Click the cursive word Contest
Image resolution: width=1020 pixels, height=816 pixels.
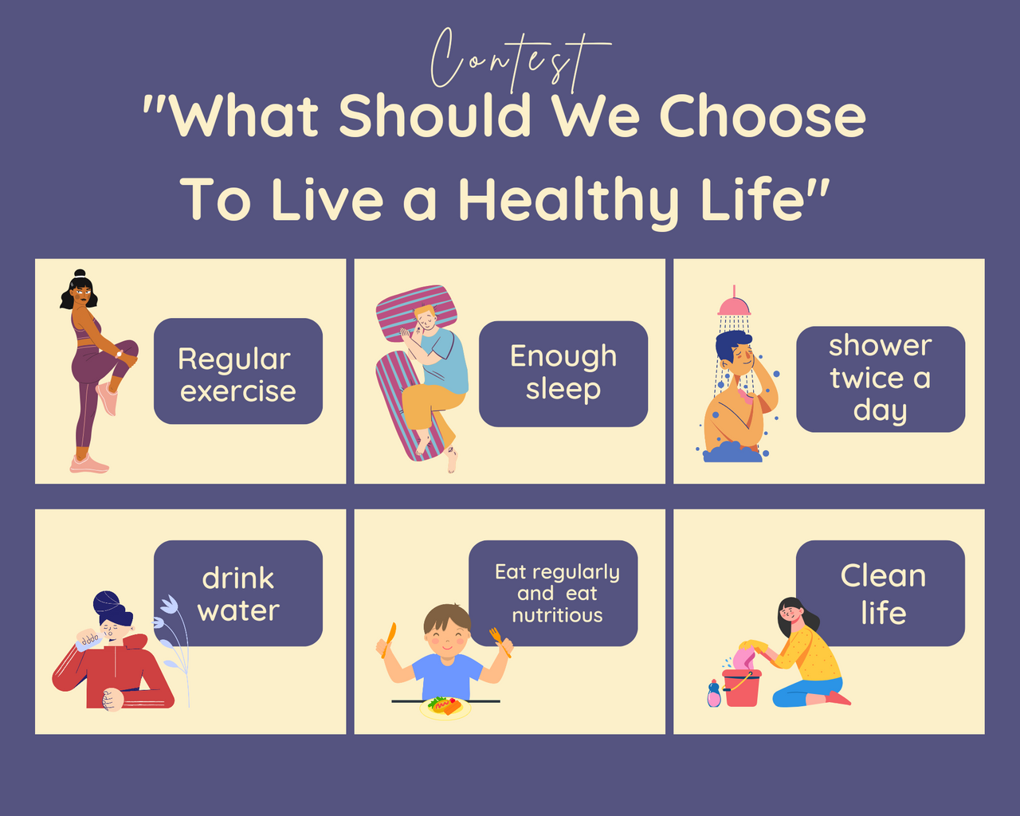pyautogui.click(x=520, y=61)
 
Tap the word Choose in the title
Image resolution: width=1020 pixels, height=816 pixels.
pyautogui.click(x=763, y=116)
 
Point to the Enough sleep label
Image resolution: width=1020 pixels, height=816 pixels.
pyautogui.click(x=563, y=374)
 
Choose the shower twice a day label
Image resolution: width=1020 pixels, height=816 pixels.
pyautogui.click(x=881, y=379)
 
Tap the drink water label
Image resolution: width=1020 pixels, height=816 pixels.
pyautogui.click(x=238, y=594)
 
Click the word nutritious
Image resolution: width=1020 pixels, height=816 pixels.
pyautogui.click(x=557, y=615)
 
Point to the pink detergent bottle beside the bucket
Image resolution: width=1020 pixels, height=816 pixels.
pyautogui.click(x=714, y=693)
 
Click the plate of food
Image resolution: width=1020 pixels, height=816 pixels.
pyautogui.click(x=445, y=708)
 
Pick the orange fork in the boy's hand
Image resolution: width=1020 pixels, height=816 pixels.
pyautogui.click(x=500, y=641)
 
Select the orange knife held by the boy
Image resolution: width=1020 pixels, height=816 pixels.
pyautogui.click(x=390, y=640)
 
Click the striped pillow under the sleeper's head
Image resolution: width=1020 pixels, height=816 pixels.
pyautogui.click(x=416, y=313)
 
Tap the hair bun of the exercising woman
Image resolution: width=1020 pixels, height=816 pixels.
pyautogui.click(x=80, y=273)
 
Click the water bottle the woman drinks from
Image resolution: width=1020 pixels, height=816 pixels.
pyautogui.click(x=87, y=640)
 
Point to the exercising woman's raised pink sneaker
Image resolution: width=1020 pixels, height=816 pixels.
pyautogui.click(x=107, y=398)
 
